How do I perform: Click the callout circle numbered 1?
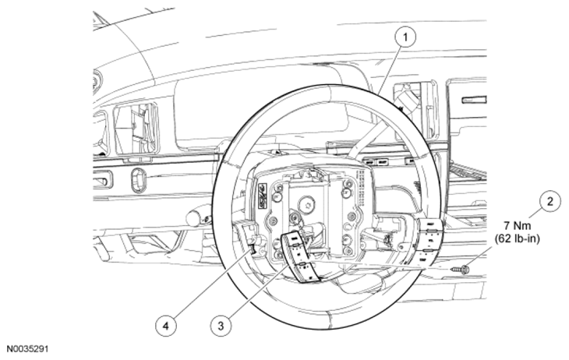coord(405,37)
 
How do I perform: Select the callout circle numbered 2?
coord(550,201)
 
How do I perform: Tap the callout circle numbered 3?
coord(221,326)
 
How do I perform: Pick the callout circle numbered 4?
coord(166,326)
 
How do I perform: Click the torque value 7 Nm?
coord(517,226)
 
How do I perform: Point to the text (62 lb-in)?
coord(517,238)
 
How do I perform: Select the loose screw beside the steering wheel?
coord(460,270)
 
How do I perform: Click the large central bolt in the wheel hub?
coord(306,205)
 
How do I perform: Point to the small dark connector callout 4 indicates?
coord(252,249)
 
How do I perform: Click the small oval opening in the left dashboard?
coord(138,180)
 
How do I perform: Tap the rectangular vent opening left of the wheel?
coord(136,129)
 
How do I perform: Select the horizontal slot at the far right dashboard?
coord(474,101)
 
